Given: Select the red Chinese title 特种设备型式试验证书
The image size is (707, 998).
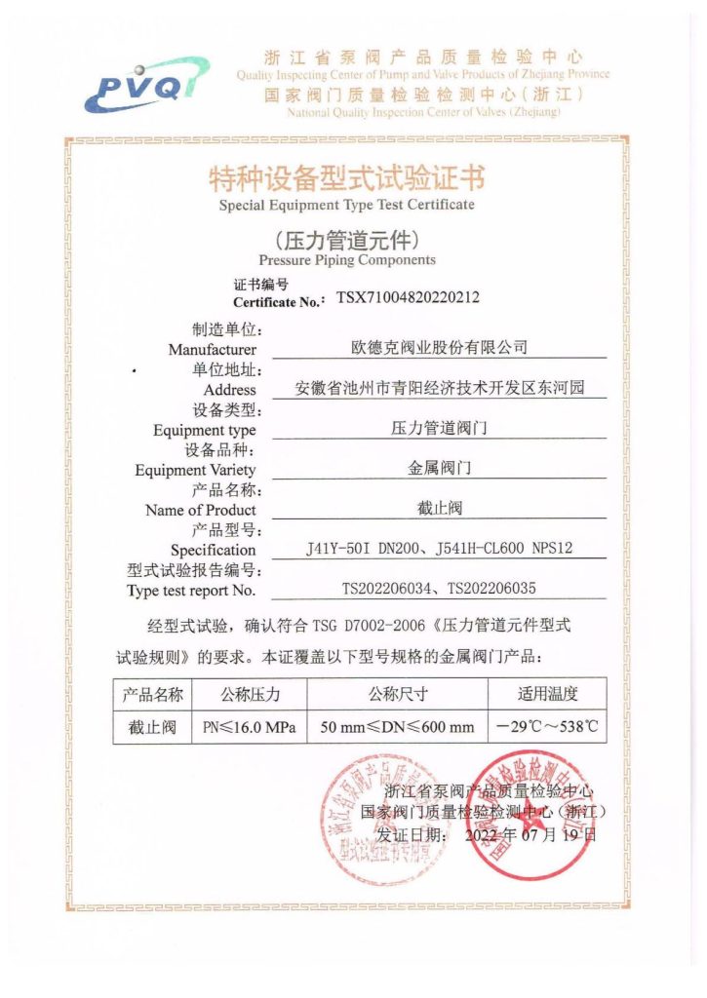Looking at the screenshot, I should [x=346, y=178].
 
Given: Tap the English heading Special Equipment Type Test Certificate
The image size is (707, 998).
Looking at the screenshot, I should [x=346, y=205].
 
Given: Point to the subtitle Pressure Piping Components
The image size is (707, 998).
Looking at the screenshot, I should [x=347, y=260].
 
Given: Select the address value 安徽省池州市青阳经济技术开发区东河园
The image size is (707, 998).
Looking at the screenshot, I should [x=439, y=388].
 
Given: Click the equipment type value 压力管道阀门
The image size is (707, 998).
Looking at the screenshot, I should [x=439, y=427].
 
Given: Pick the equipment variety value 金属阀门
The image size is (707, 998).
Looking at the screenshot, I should [x=439, y=468].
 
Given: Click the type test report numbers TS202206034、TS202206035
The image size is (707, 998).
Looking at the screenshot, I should [x=439, y=589].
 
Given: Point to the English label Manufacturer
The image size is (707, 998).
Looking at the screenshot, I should [x=212, y=349].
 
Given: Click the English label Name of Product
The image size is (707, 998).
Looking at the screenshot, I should [x=200, y=510].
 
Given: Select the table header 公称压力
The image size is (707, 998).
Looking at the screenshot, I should [x=250, y=694].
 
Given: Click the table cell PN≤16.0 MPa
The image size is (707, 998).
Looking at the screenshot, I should [x=250, y=727].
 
